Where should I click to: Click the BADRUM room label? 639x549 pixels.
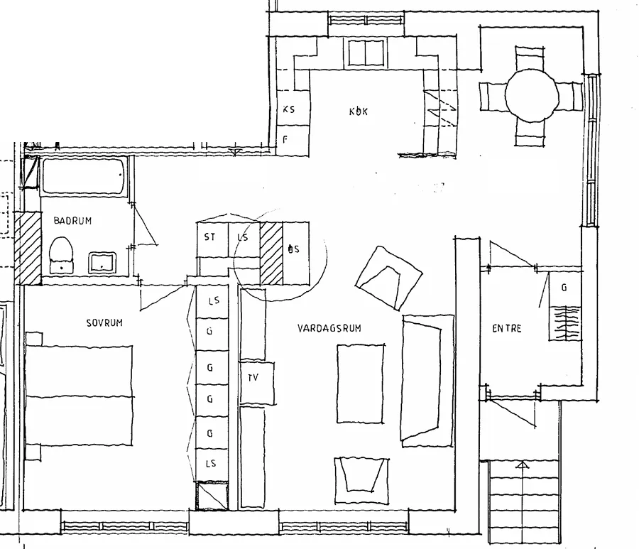tap(72, 221)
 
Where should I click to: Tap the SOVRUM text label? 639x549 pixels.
tap(104, 322)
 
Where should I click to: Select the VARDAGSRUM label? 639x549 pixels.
tap(329, 328)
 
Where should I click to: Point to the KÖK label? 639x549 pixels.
tap(359, 112)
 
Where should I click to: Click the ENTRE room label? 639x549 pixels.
tap(507, 328)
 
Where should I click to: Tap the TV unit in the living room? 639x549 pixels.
tap(254, 378)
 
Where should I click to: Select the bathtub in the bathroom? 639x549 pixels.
tap(84, 177)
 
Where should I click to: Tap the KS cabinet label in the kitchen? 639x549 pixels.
tap(288, 109)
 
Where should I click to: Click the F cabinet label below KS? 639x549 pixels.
tap(285, 139)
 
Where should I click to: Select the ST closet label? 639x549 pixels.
tap(210, 237)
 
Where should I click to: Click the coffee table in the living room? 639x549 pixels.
tap(360, 384)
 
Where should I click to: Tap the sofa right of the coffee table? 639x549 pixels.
tap(426, 380)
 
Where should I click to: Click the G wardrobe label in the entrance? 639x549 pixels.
tap(564, 288)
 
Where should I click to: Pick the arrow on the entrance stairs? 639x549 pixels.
tap(523, 466)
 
